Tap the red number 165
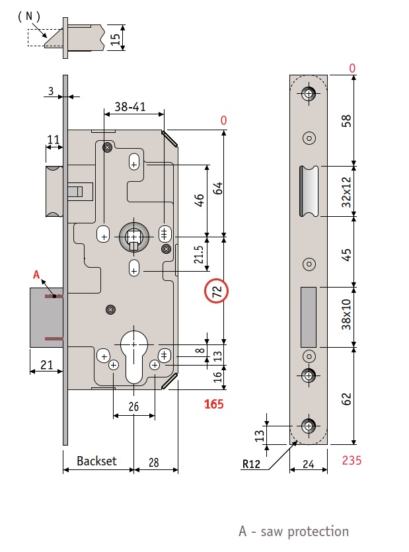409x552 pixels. (x=213, y=404)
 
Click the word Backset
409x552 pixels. (x=96, y=461)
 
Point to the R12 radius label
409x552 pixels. (x=251, y=463)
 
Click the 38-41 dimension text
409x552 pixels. (x=131, y=106)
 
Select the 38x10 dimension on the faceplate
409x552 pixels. (x=346, y=315)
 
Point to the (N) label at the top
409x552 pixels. (x=28, y=16)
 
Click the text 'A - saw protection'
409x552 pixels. (x=293, y=531)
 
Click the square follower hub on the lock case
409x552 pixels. (x=134, y=236)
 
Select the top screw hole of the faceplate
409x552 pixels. (x=309, y=93)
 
